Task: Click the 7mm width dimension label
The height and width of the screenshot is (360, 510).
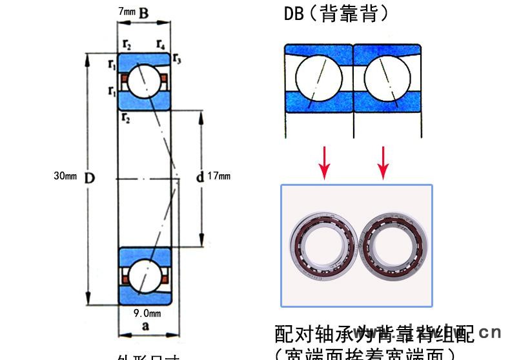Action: [x=127, y=12]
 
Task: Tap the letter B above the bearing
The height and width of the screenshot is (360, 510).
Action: [x=144, y=12]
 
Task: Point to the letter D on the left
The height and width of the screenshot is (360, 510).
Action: [x=90, y=176]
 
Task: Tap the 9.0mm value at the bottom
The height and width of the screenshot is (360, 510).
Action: [x=147, y=313]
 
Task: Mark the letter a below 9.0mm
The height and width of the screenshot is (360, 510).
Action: [x=145, y=326]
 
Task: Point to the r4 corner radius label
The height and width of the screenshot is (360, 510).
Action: [x=160, y=45]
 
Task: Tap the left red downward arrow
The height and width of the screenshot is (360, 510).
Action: [x=325, y=163]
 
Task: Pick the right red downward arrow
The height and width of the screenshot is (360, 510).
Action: [x=383, y=163]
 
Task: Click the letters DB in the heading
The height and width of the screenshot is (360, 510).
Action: [x=294, y=14]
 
